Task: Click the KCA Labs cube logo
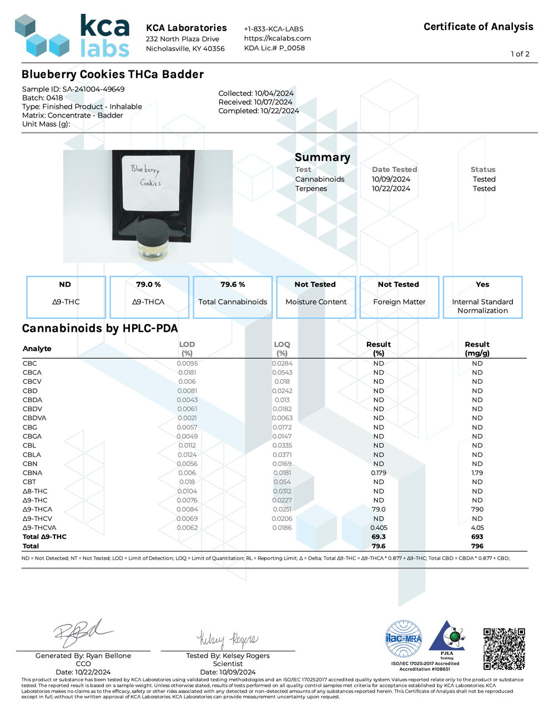[x=42, y=36]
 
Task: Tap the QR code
[x=504, y=648]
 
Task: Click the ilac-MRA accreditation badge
[x=404, y=639]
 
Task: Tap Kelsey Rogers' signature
[x=228, y=639]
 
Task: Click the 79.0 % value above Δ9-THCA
[x=148, y=285]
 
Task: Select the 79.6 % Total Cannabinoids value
[x=233, y=285]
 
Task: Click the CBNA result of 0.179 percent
[x=379, y=473]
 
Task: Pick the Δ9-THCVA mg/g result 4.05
[x=477, y=528]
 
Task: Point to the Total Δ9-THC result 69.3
[x=379, y=537]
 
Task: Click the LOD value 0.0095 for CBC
[x=187, y=364]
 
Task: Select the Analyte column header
[x=37, y=349]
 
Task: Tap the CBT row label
[x=29, y=482]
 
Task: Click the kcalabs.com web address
[x=278, y=38]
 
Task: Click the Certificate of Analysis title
[x=478, y=27]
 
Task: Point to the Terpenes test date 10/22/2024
[x=391, y=189]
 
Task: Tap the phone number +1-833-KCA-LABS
[x=274, y=29]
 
